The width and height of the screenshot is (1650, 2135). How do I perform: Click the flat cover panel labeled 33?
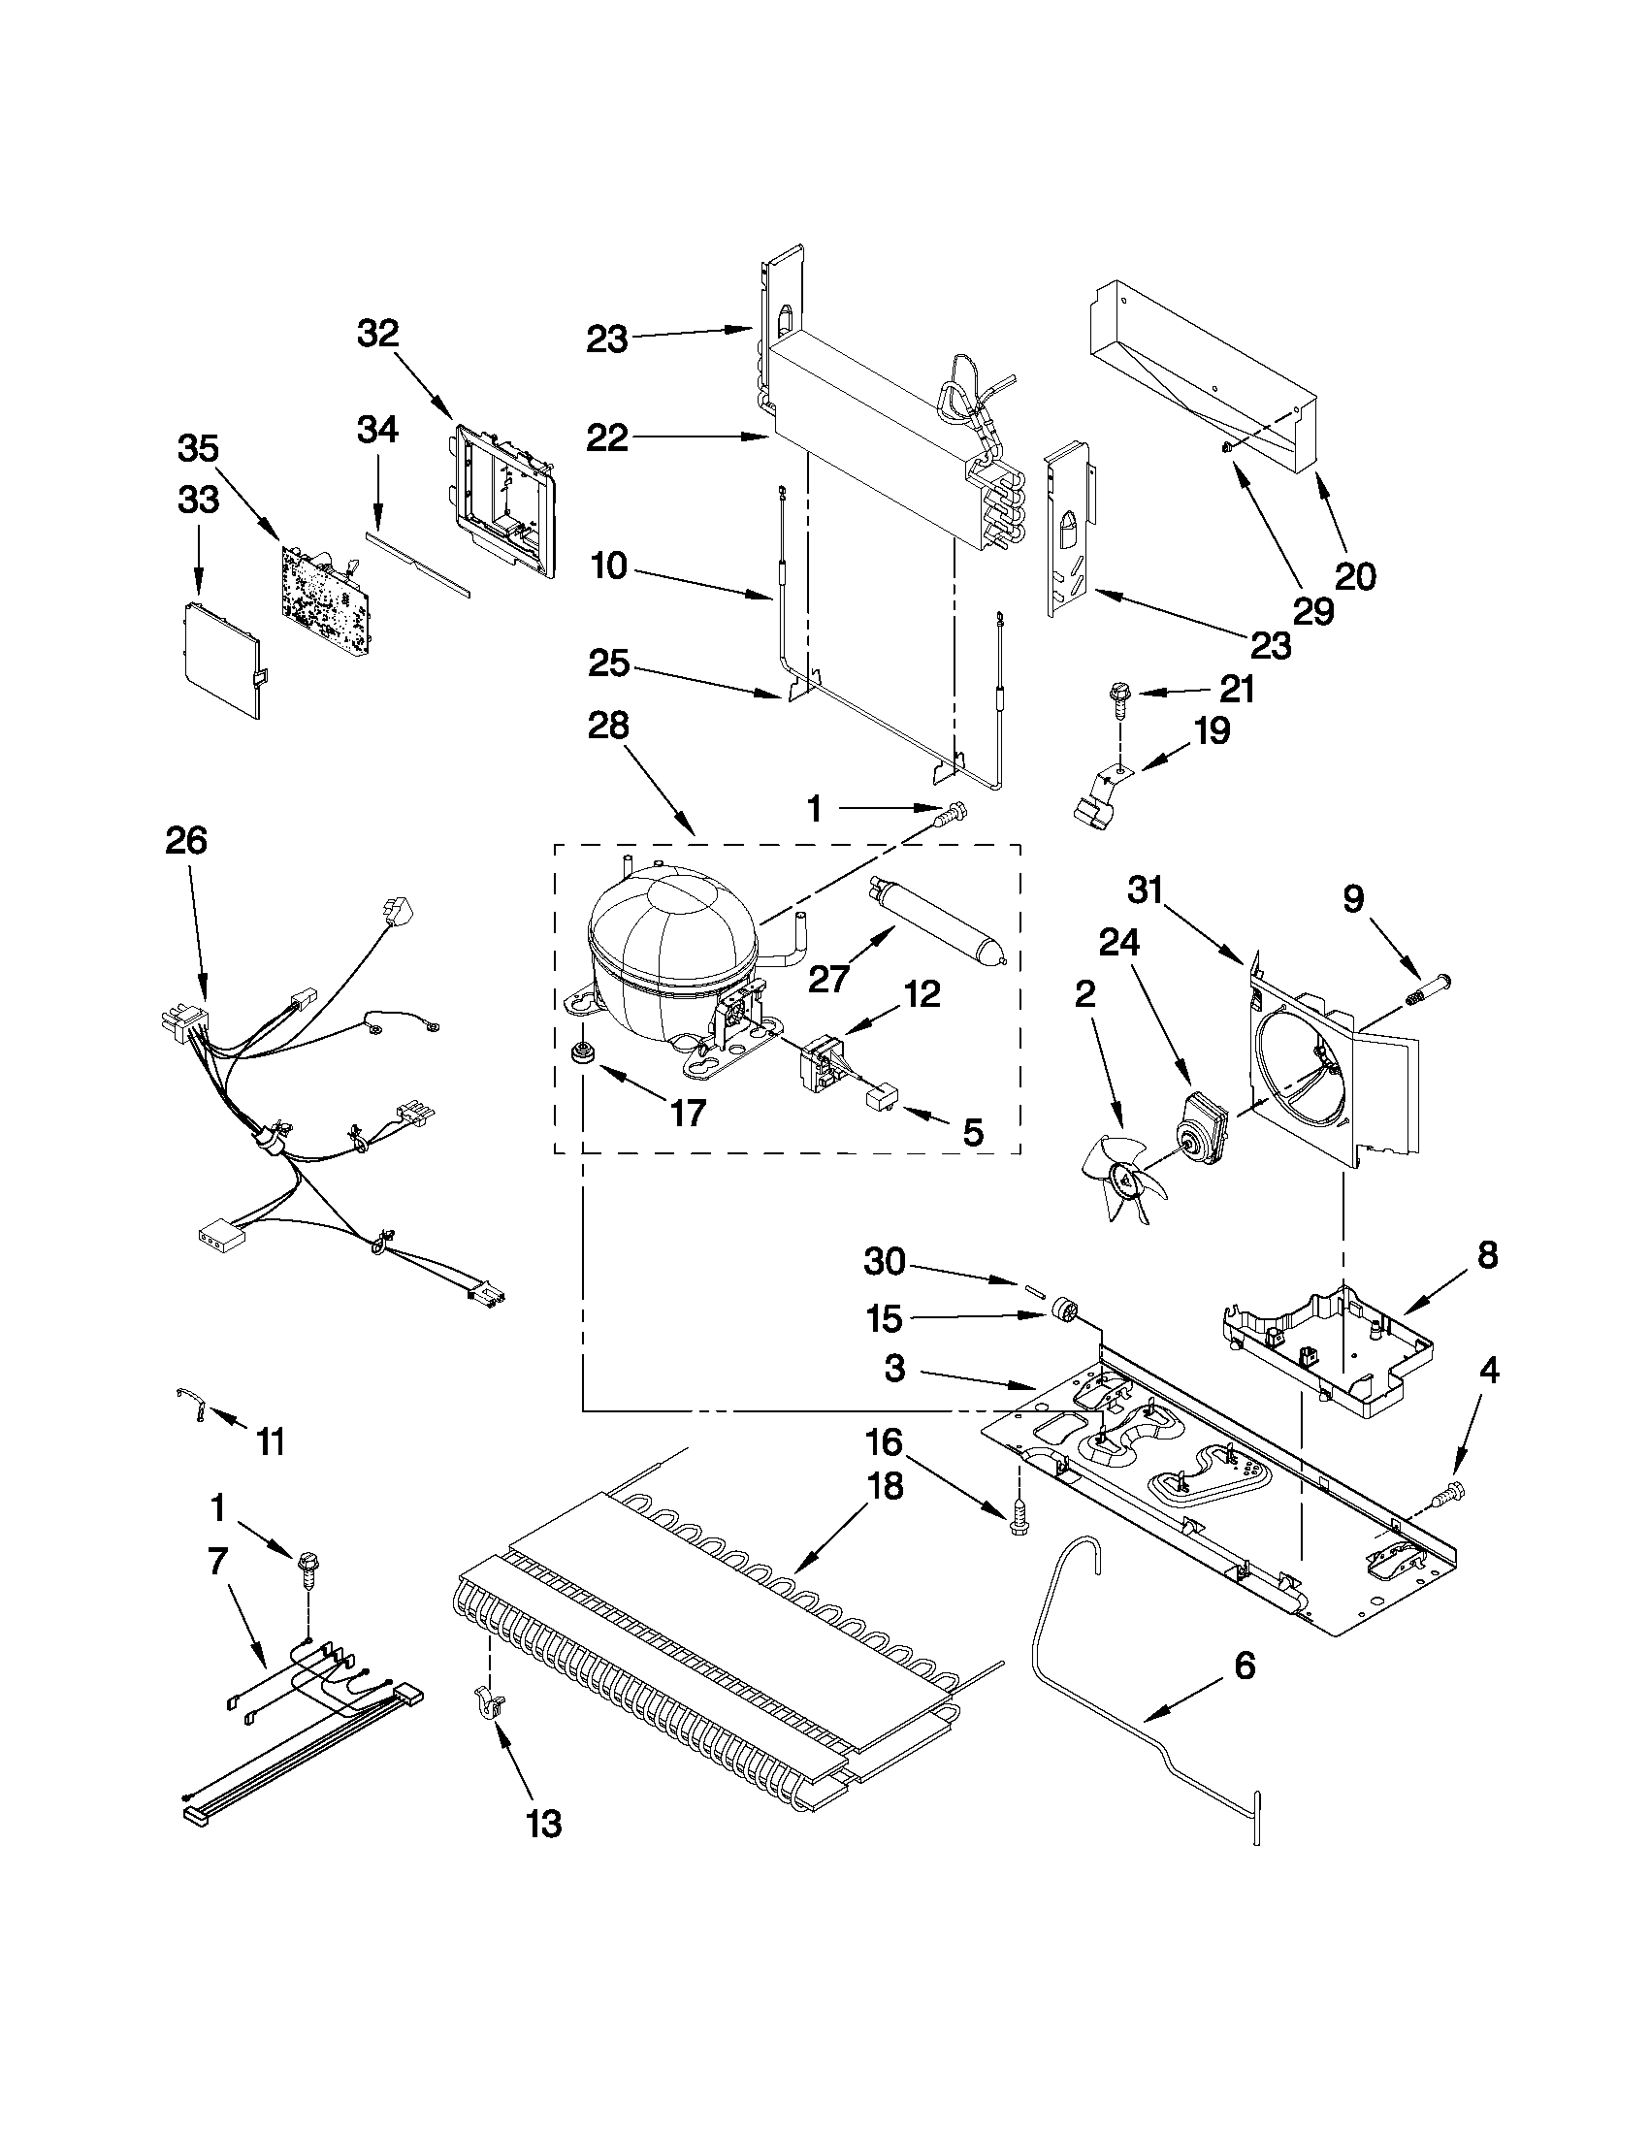point(223,659)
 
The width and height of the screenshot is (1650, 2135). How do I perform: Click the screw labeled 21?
point(1116,695)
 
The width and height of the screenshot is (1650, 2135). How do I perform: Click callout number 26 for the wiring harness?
point(186,841)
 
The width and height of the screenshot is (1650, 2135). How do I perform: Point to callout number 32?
point(378,335)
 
